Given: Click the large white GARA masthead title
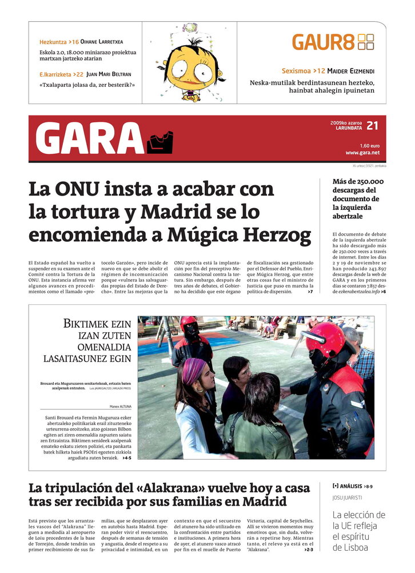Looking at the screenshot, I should (x=89, y=139).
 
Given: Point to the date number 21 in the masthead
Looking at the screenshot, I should (x=372, y=126).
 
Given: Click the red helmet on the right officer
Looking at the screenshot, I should (x=326, y=341).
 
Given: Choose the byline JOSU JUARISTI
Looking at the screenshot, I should (x=347, y=498).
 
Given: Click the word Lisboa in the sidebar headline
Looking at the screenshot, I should (x=349, y=547).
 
